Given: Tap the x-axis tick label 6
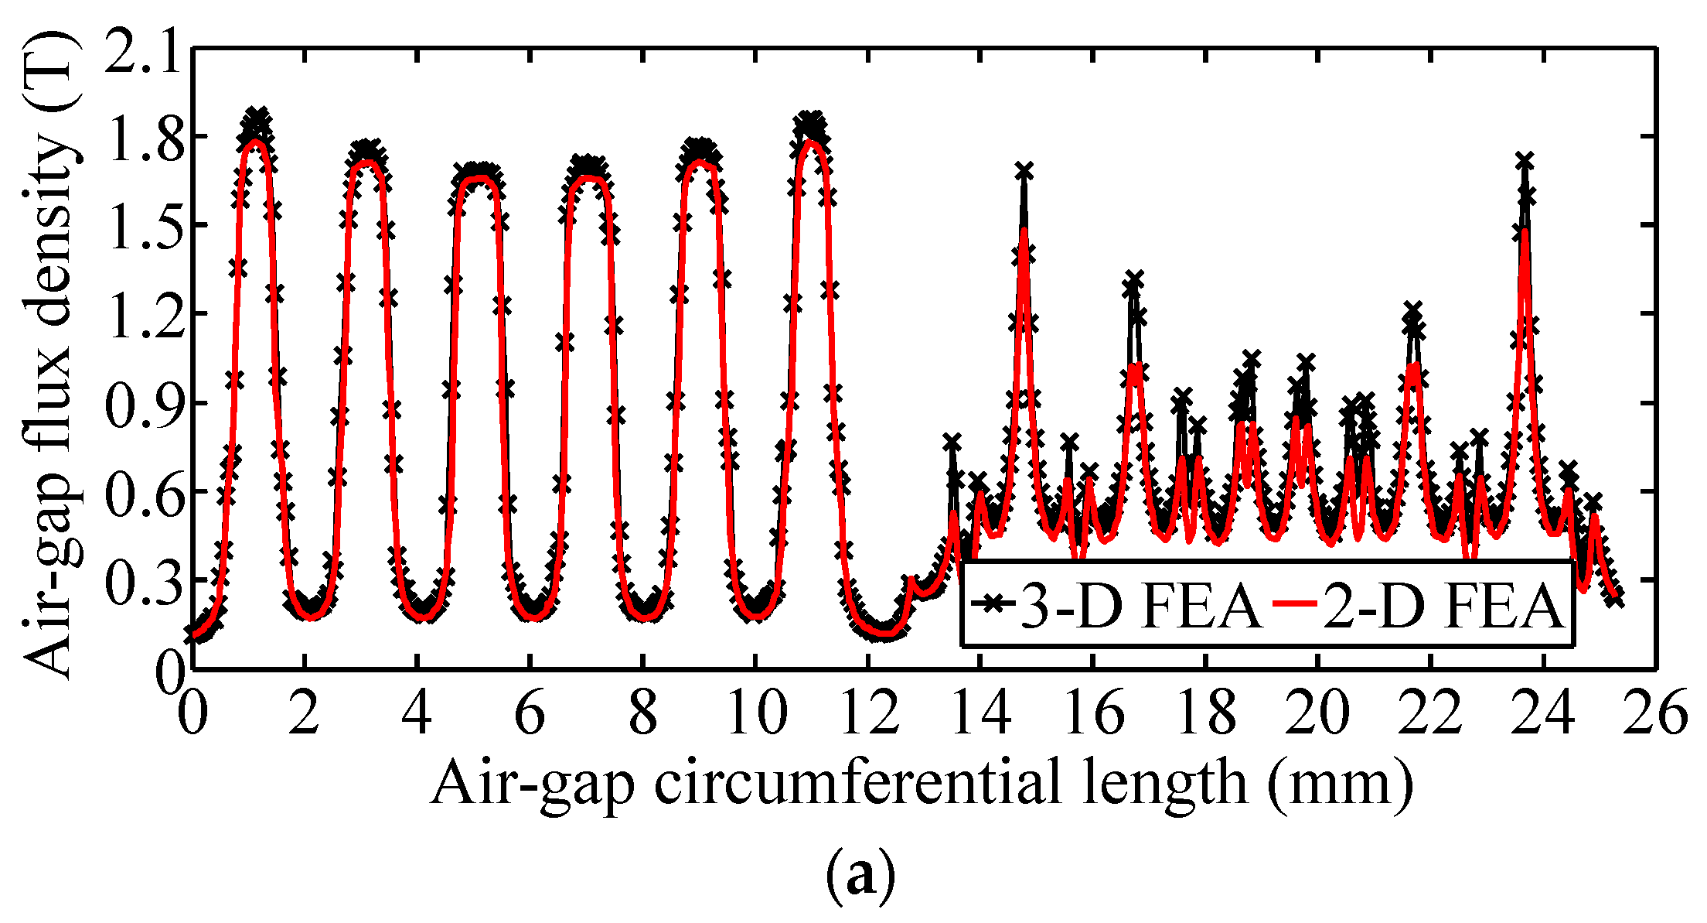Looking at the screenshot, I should click(530, 713).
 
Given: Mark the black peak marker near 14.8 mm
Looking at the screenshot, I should click(1024, 171).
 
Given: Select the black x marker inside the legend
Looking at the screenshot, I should click(992, 602).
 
